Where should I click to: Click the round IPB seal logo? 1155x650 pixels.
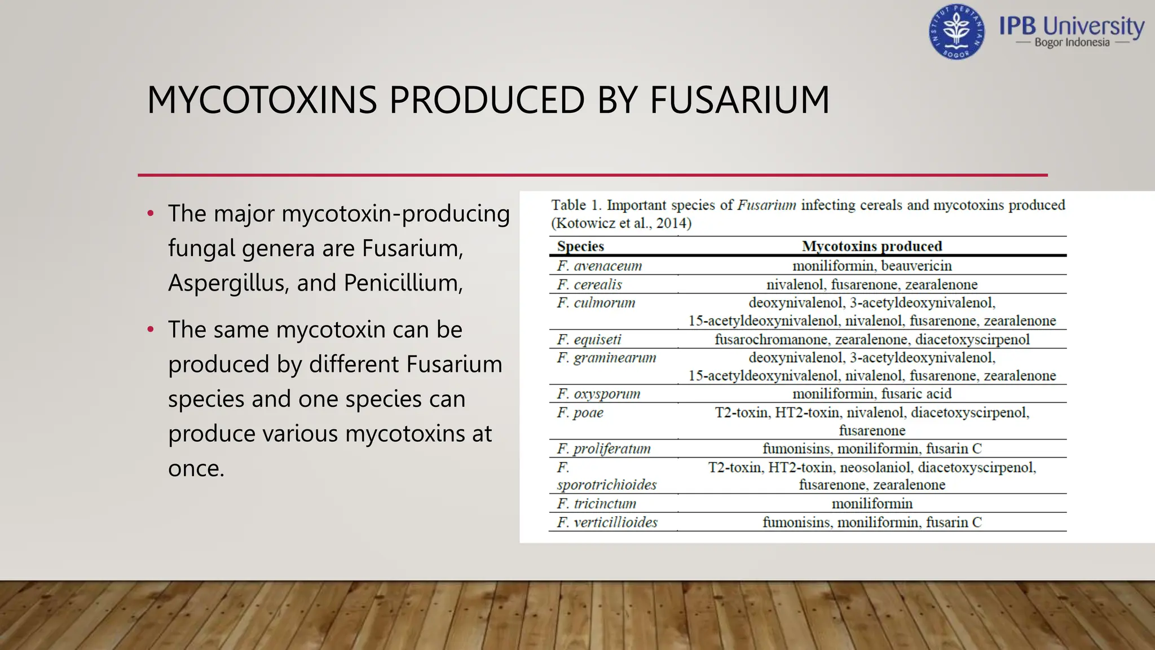click(956, 32)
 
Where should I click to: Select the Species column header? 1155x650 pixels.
click(580, 246)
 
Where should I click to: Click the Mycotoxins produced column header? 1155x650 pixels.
click(872, 246)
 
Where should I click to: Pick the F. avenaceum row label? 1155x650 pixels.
click(599, 266)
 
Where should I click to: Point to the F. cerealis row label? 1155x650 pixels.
click(589, 284)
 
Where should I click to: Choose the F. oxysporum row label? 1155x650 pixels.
click(598, 394)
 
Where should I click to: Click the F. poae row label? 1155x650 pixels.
click(580, 412)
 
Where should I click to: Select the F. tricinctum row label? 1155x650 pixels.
click(596, 503)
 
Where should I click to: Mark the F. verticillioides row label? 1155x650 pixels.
click(607, 522)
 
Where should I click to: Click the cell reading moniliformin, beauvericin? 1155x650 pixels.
click(872, 266)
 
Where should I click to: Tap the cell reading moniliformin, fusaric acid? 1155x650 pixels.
click(872, 394)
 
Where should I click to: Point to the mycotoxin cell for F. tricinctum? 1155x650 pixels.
click(872, 503)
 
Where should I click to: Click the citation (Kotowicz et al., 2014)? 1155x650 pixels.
click(621, 223)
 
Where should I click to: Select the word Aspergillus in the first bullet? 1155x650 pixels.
click(228, 283)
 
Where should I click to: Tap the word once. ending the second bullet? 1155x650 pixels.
click(196, 468)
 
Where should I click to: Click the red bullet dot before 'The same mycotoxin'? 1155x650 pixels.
click(151, 330)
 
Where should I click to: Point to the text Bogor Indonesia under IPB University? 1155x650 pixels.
click(1072, 43)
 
